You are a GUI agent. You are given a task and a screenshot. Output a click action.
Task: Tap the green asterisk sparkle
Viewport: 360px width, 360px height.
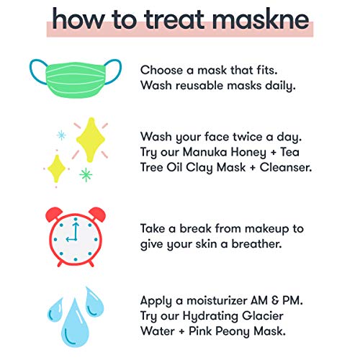pos(86,175)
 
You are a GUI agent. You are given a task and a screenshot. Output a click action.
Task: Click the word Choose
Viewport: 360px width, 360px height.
pos(161,71)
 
